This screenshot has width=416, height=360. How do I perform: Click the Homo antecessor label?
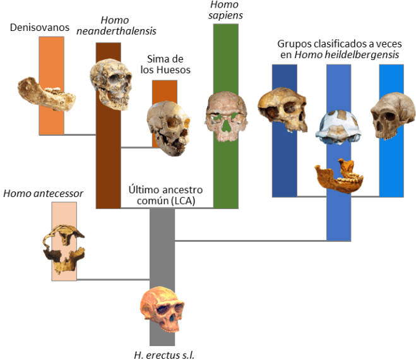(x=44, y=193)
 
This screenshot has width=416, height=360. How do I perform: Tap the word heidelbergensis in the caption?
(x=362, y=56)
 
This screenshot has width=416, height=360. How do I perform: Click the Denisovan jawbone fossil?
(x=46, y=93)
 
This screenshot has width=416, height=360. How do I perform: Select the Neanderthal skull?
(x=110, y=84)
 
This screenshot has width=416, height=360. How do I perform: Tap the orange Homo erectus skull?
(x=163, y=311)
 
